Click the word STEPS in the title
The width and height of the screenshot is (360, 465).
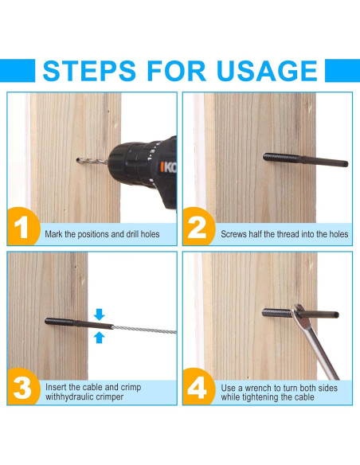(89, 71)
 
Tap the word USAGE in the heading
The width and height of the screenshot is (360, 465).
(267, 71)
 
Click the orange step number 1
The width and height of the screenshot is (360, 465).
(21, 227)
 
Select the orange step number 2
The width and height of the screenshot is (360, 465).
(197, 227)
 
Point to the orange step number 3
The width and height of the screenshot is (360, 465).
(22, 388)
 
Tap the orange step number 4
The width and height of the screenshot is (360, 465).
(198, 388)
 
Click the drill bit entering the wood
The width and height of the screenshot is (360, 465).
(92, 161)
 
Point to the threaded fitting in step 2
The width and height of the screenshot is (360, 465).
(305, 159)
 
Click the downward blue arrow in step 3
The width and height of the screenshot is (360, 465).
(99, 315)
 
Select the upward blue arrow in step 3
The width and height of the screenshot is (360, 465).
(99, 338)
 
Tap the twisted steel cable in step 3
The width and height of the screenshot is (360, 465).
(144, 330)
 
